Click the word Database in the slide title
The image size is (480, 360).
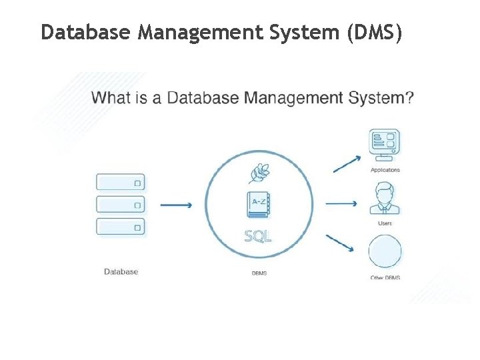pyautogui.click(x=87, y=32)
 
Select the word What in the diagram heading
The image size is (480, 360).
pyautogui.click(x=111, y=98)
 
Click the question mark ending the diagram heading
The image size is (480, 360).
pyautogui.click(x=409, y=98)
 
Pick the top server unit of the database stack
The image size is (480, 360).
pyautogui.click(x=121, y=182)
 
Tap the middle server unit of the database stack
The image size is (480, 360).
pyautogui.click(x=121, y=204)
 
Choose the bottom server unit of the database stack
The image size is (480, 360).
pyautogui.click(x=121, y=226)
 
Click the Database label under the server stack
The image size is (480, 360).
pyautogui.click(x=121, y=271)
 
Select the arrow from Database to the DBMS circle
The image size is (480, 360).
pyautogui.click(x=177, y=205)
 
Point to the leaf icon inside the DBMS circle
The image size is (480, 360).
pyautogui.click(x=259, y=173)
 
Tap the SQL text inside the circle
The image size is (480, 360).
pyautogui.click(x=258, y=235)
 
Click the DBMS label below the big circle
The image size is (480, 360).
pyautogui.click(x=259, y=273)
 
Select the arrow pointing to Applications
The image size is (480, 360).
pyautogui.click(x=347, y=164)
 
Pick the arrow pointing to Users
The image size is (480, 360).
pyautogui.click(x=342, y=202)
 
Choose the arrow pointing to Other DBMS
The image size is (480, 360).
pyautogui.click(x=340, y=243)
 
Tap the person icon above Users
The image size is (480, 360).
pyautogui.click(x=385, y=198)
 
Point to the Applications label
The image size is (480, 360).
pyautogui.click(x=385, y=170)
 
